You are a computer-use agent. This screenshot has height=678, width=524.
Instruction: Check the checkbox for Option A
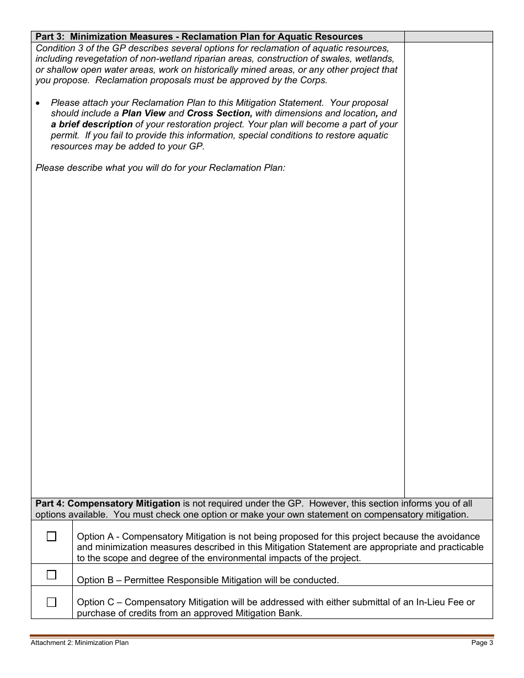click(51, 536)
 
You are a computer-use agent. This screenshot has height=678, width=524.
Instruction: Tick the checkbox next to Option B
click(51, 575)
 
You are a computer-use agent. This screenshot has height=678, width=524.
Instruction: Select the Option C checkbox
click(51, 602)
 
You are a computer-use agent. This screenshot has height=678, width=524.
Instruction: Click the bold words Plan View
click(143, 114)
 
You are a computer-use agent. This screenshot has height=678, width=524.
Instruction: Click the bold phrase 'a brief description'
click(92, 125)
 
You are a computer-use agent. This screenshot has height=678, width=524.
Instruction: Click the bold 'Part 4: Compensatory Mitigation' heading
click(108, 504)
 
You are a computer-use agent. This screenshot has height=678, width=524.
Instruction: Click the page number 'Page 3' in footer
click(482, 643)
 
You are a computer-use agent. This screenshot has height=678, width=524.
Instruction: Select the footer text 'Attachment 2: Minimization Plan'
click(79, 643)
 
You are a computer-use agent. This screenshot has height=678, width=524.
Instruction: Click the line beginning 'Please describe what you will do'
click(161, 168)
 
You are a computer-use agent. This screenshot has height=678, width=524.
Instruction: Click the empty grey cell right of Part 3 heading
click(448, 37)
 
